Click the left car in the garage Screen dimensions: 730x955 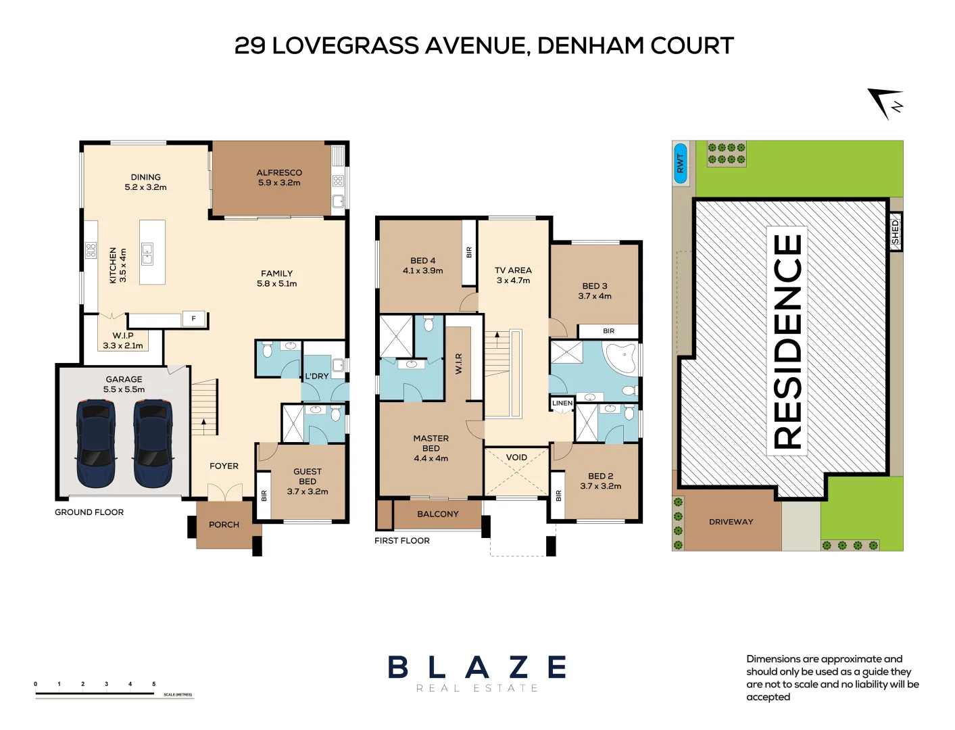(x=96, y=443)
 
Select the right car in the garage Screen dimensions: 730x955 (x=152, y=443)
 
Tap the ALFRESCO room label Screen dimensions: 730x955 (x=279, y=173)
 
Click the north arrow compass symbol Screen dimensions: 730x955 (x=885, y=103)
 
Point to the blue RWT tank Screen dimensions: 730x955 (x=681, y=163)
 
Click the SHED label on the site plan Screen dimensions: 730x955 (x=896, y=231)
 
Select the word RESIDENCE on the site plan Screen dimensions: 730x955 (x=787, y=341)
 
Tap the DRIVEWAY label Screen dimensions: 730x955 (x=731, y=522)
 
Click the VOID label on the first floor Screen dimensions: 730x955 (x=516, y=458)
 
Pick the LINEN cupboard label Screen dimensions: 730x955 (x=562, y=404)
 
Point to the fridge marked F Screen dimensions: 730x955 (x=194, y=319)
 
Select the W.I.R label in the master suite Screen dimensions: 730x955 (x=459, y=363)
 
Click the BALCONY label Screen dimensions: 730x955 (x=438, y=514)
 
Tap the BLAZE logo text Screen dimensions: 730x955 (x=477, y=667)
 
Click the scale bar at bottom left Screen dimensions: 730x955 (x=95, y=693)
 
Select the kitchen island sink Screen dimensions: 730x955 (x=147, y=254)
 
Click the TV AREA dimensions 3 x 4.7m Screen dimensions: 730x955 (x=513, y=281)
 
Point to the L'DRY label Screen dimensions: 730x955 (x=316, y=376)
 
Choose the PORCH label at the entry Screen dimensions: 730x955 (x=224, y=525)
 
